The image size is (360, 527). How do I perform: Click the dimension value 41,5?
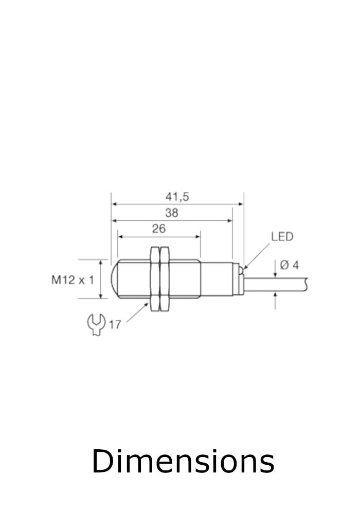(x=177, y=197)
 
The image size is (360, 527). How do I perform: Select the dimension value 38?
(x=172, y=213)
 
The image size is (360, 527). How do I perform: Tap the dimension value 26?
(x=159, y=229)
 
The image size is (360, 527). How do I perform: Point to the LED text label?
(x=282, y=237)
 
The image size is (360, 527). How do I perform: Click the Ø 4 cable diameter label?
(x=290, y=266)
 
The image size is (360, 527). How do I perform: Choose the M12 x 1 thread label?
(x=73, y=280)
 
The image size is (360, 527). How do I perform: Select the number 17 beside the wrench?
(x=115, y=325)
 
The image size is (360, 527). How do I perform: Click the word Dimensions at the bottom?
(x=183, y=461)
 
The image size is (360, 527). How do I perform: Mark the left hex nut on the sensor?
(x=154, y=279)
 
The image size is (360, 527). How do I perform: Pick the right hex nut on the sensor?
(x=165, y=279)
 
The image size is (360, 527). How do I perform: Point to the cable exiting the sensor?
(x=278, y=283)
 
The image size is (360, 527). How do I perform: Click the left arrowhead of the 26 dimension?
(x=121, y=237)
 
